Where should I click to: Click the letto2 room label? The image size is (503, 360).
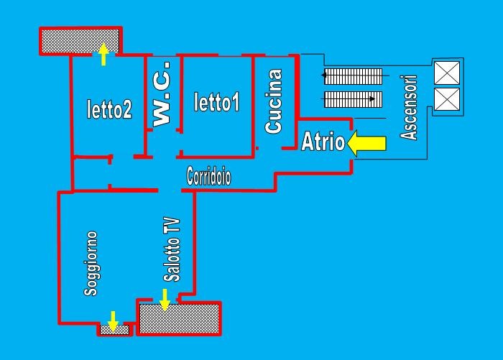pyautogui.click(x=109, y=109)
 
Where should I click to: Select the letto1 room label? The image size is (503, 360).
pyautogui.click(x=216, y=103)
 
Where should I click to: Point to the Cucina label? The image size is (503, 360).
pyautogui.click(x=274, y=101)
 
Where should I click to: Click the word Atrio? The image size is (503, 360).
pyautogui.click(x=323, y=142)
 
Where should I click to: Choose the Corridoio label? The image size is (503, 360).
pyautogui.click(x=208, y=177)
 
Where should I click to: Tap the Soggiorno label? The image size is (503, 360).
pyautogui.click(x=91, y=263)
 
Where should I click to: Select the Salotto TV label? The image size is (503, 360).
pyautogui.click(x=171, y=249)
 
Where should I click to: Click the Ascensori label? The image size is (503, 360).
pyautogui.click(x=410, y=107)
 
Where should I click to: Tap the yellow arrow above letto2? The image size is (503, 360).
pyautogui.click(x=103, y=55)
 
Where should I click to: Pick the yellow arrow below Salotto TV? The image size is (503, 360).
pyautogui.click(x=165, y=299)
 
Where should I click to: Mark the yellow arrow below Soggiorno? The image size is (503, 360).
pyautogui.click(x=113, y=319)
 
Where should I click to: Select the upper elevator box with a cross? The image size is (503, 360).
pyautogui.click(x=446, y=73)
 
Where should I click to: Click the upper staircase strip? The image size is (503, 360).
pyautogui.click(x=352, y=75)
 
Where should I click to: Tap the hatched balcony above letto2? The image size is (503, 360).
pyautogui.click(x=79, y=40)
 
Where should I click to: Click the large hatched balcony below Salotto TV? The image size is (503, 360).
pyautogui.click(x=179, y=318)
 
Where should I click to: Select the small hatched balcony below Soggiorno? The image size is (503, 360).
pyautogui.click(x=114, y=329)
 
